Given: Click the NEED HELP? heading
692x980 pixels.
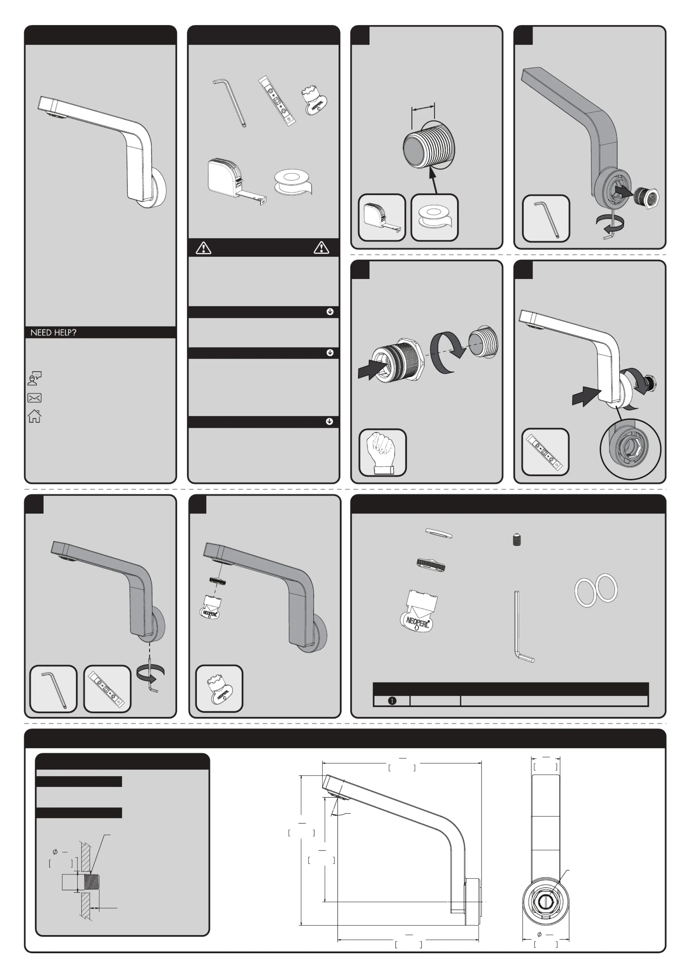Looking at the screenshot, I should (53, 332).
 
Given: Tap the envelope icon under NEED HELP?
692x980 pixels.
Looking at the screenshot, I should (35, 398).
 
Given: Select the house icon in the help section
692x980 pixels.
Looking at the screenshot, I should (35, 416).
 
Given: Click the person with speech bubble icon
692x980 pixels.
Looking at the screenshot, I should (35, 378).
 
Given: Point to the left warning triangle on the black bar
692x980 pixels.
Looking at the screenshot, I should (203, 248).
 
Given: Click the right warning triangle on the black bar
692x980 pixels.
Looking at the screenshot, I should (321, 248).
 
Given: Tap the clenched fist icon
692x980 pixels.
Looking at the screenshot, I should (383, 452).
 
